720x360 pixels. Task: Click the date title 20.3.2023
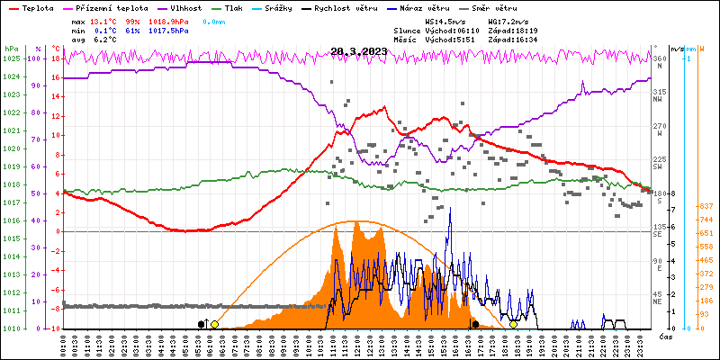358,51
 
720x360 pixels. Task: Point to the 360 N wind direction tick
660,58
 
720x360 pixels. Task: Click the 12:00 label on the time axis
358,345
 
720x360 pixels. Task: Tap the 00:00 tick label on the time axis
63,345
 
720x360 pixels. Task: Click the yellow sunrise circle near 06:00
214,324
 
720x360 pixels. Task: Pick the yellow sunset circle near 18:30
513,324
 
